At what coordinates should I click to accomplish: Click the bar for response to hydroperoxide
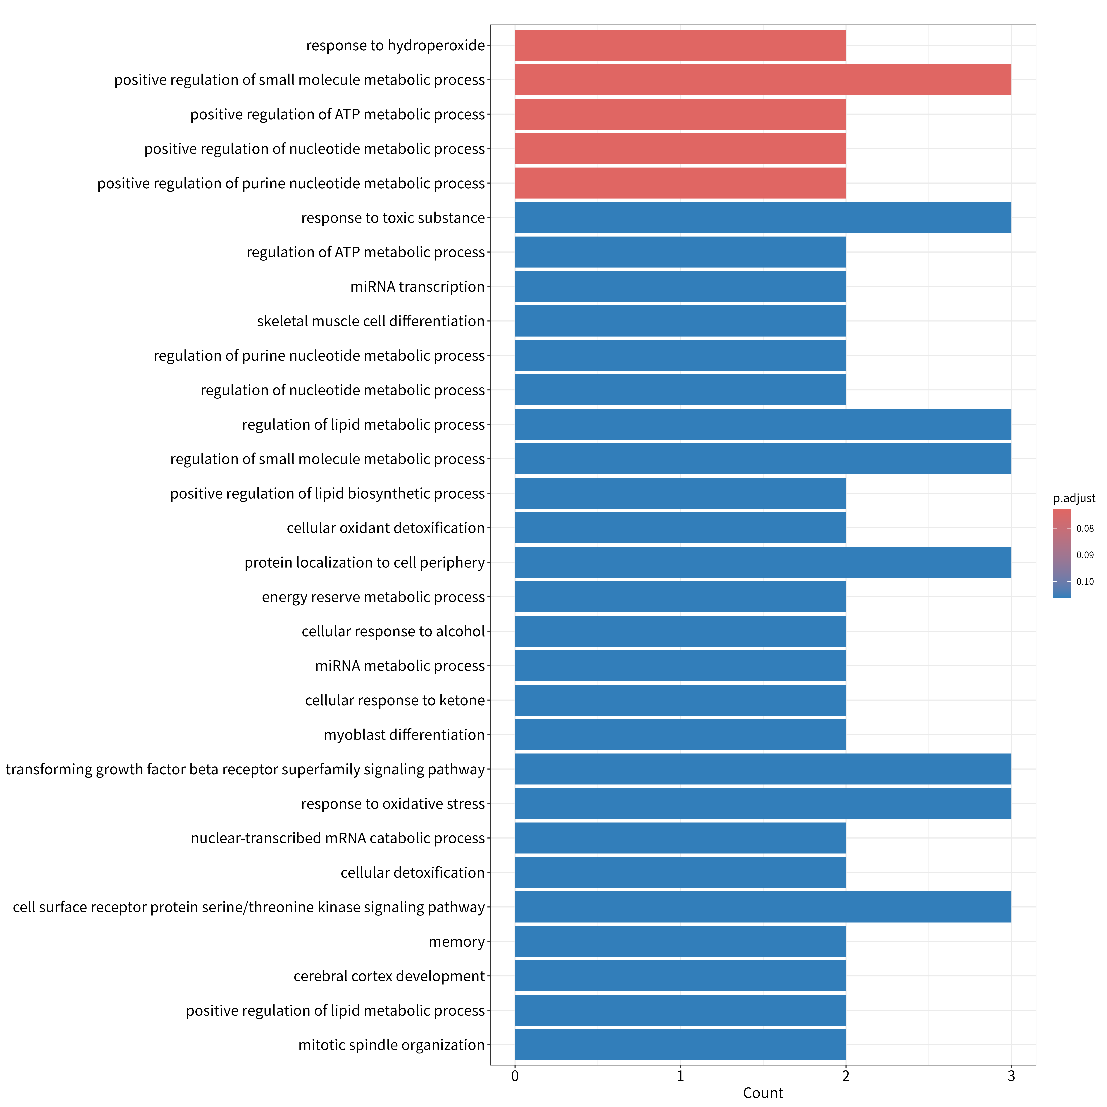coord(680,45)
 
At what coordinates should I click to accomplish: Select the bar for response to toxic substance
coord(763,218)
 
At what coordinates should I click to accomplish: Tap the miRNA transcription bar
coord(680,287)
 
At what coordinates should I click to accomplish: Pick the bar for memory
coord(680,941)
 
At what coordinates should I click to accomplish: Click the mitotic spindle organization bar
coord(680,1044)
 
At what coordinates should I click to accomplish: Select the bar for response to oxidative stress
coord(763,803)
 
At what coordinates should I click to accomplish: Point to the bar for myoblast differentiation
coord(680,734)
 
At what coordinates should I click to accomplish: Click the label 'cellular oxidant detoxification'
coord(386,528)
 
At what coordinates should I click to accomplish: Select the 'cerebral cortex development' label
coord(389,976)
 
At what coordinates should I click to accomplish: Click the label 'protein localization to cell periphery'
coord(364,563)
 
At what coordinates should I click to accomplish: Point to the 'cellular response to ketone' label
coord(395,700)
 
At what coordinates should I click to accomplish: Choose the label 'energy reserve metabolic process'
coord(373,597)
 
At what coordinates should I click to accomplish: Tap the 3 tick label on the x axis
coord(1011,1076)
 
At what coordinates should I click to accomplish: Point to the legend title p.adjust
coord(1074,499)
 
